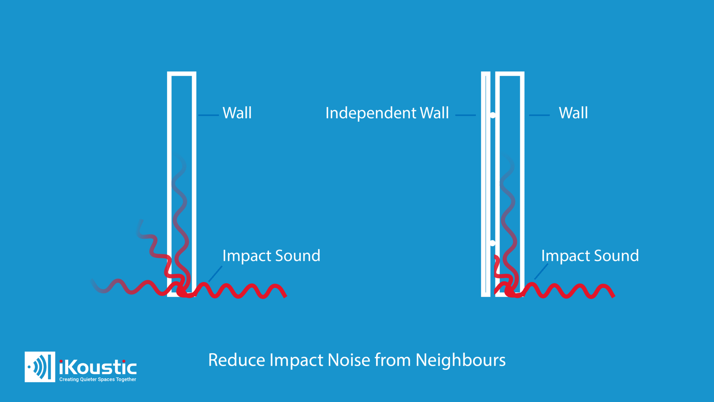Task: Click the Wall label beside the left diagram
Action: point(237,113)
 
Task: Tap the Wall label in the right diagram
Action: point(573,113)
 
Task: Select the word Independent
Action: point(371,113)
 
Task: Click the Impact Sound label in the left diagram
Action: point(271,256)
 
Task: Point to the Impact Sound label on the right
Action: point(590,256)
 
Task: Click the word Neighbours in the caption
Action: point(461,360)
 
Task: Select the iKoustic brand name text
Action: point(98,367)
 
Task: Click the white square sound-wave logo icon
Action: point(40,367)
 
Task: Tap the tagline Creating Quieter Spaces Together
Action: point(98,379)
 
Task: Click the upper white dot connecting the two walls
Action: point(493,115)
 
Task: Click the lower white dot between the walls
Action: point(493,243)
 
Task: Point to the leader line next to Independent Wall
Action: point(465,115)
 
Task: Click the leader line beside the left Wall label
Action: point(208,115)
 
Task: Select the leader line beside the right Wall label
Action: point(539,115)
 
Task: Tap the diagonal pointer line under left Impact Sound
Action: point(215,274)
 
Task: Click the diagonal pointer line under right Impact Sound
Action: point(541,271)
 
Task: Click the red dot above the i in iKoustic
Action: point(61,362)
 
